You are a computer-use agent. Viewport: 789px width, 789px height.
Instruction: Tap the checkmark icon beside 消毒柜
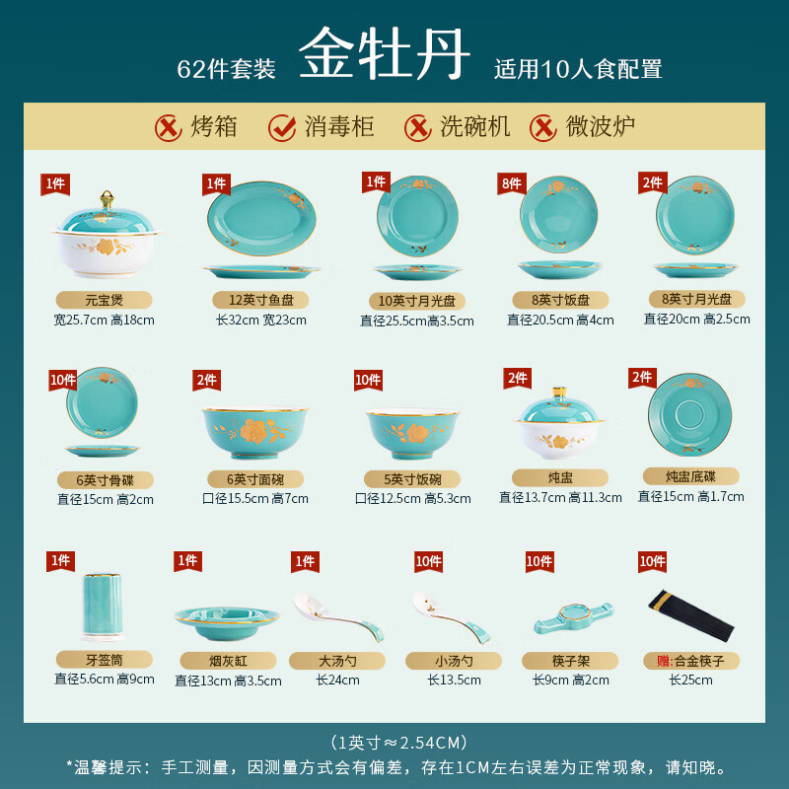point(283,127)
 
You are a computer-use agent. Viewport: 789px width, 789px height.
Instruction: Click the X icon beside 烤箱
point(169,127)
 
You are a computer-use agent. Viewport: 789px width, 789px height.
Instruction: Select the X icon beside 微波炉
point(543,127)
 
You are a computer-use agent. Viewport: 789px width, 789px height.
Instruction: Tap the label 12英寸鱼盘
point(261,300)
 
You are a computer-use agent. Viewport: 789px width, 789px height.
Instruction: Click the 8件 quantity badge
point(511,182)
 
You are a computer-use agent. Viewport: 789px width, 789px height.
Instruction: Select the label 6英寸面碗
point(254,479)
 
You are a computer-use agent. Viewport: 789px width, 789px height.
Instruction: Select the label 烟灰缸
point(228,661)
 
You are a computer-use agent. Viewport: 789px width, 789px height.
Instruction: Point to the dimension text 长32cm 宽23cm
point(261,320)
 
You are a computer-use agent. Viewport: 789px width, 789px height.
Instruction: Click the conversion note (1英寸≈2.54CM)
point(394,742)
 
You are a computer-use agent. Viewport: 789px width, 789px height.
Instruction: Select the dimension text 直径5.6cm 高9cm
point(104,679)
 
